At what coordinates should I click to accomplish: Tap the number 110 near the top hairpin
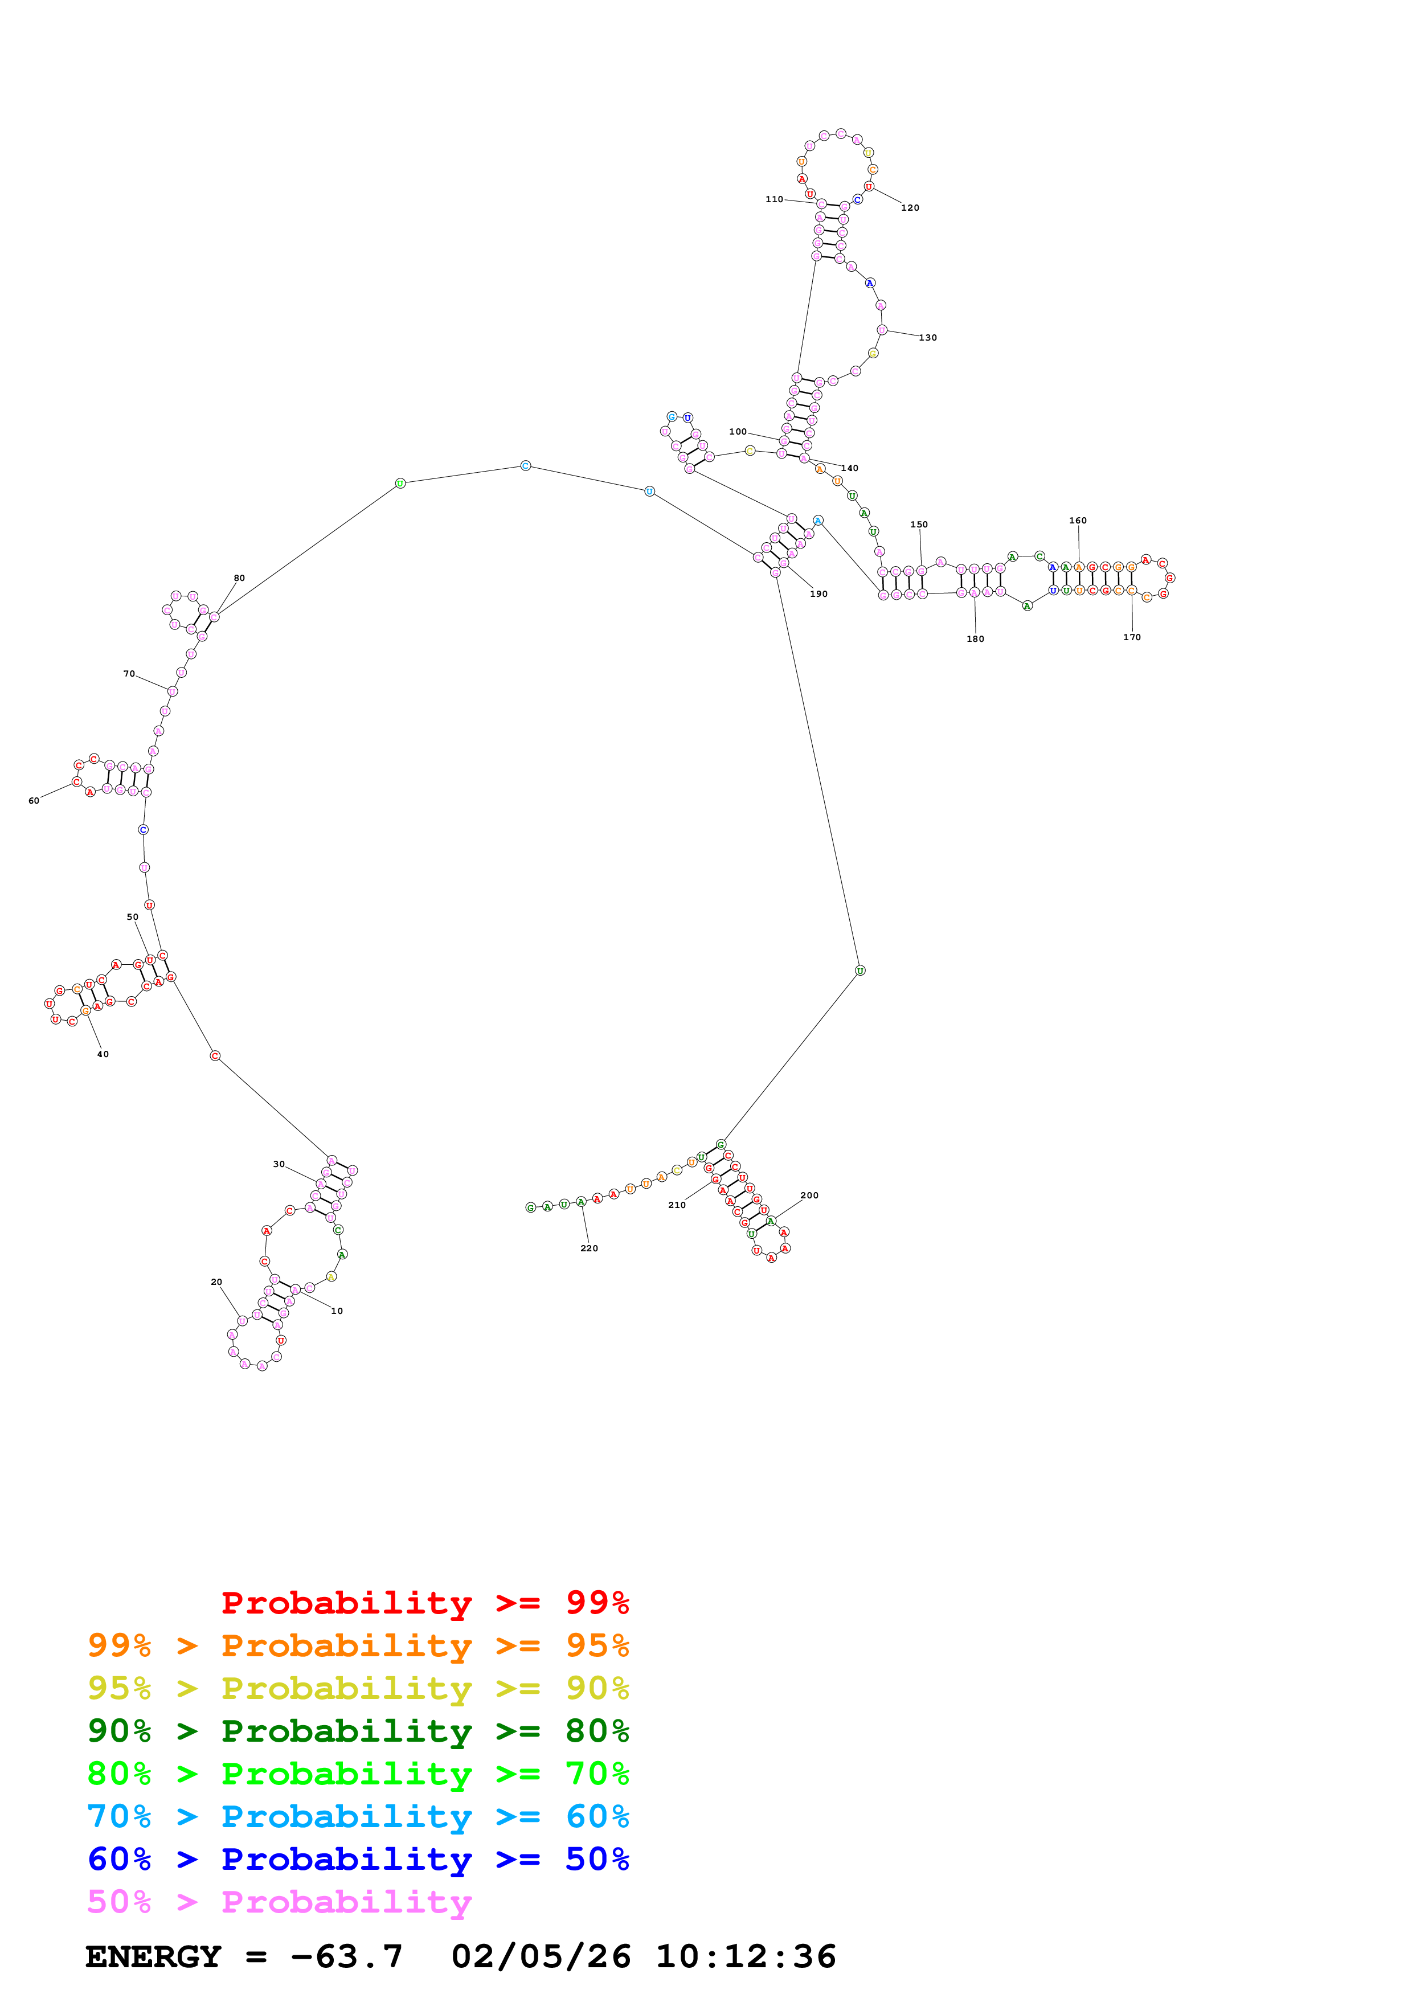(773, 199)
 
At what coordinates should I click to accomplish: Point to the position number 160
(1077, 521)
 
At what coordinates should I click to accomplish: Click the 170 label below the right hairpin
(1131, 637)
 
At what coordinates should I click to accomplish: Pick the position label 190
(818, 593)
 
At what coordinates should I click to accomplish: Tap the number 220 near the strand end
(588, 1248)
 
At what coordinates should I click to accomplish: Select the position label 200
(808, 1195)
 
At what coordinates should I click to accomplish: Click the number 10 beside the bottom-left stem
(337, 1311)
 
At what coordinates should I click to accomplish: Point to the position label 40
(103, 1054)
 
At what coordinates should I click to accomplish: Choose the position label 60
(33, 801)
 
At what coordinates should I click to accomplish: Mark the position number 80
(239, 578)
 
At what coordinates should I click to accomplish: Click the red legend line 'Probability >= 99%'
(424, 1602)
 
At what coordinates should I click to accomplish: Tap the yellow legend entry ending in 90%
(358, 1688)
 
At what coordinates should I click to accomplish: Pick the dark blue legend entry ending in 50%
(358, 1859)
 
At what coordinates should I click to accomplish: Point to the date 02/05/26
(541, 1957)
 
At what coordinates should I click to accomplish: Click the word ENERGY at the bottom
(153, 1957)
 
